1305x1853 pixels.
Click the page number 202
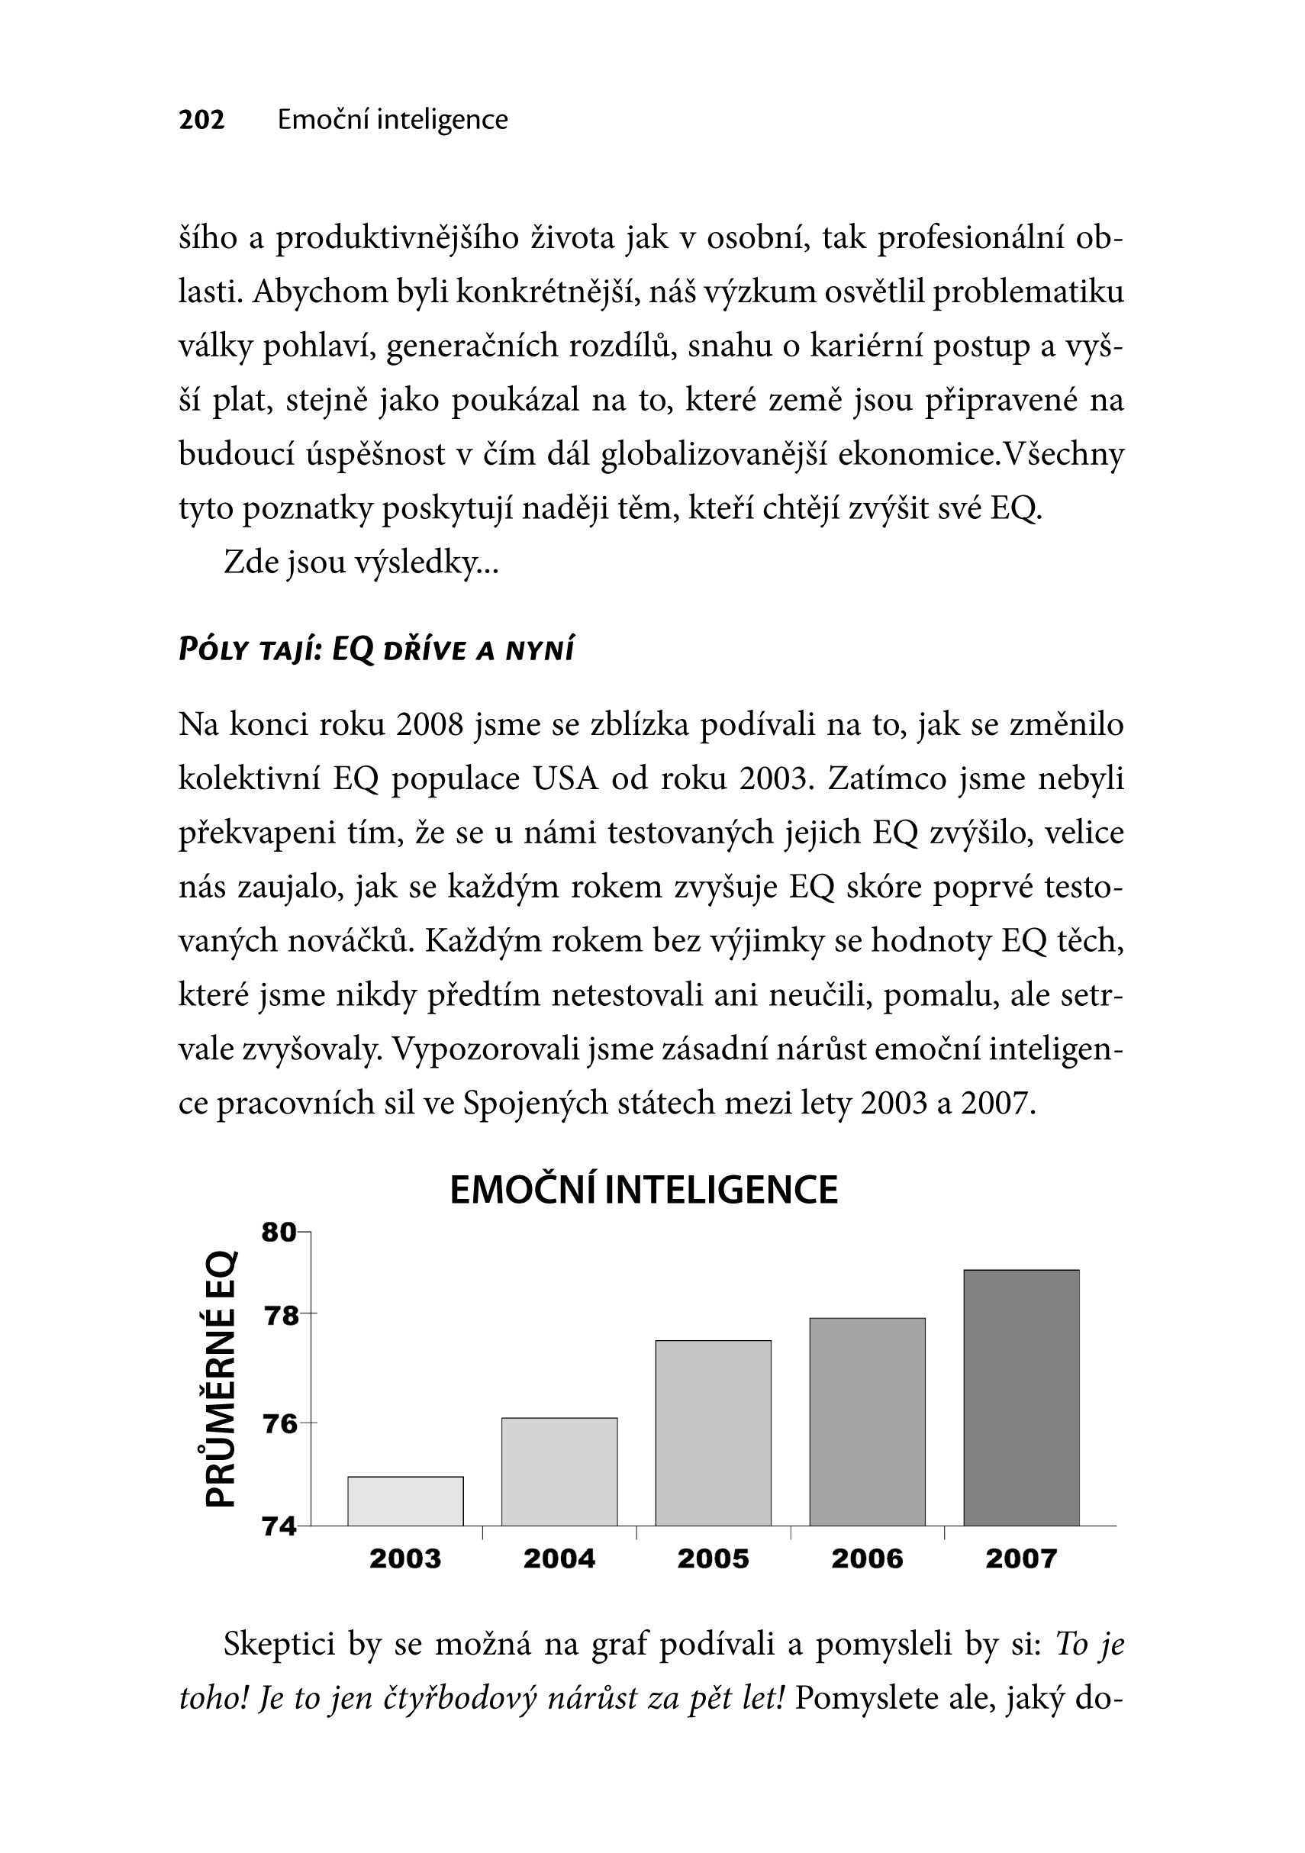pos(201,120)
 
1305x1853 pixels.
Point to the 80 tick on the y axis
pos(279,1233)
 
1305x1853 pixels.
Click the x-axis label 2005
pos(714,1558)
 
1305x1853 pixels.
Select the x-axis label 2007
pos(1021,1558)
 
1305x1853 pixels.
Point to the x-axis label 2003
pos(405,1558)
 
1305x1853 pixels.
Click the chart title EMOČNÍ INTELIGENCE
pos(643,1191)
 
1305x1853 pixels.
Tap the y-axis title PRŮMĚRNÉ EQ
pos(221,1379)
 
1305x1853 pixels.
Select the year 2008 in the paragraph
pos(430,725)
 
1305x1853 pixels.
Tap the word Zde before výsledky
pos(251,562)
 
